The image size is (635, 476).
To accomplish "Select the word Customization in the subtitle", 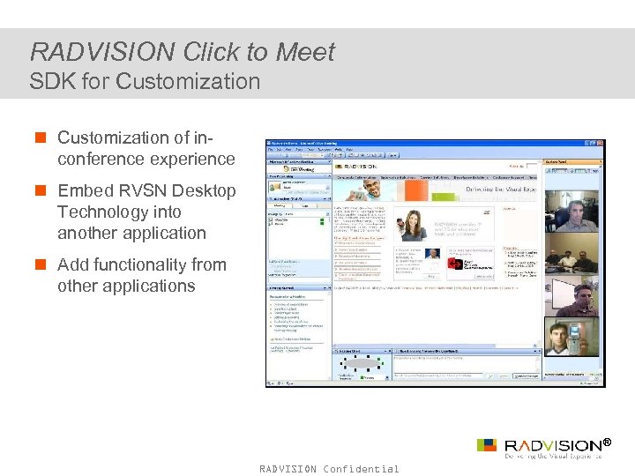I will click(x=196, y=82).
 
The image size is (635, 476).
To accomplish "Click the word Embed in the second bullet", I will click(x=85, y=190).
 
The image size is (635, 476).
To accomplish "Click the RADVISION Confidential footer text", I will click(x=329, y=469).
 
